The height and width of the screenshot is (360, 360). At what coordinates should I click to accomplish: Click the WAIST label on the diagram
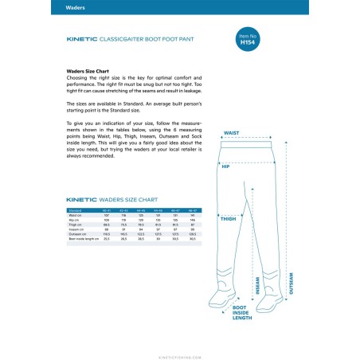(232, 134)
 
